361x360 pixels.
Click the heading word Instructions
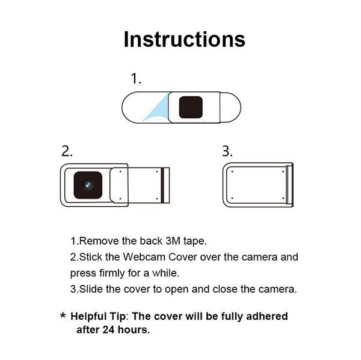(x=184, y=39)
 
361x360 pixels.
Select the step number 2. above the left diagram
(x=67, y=151)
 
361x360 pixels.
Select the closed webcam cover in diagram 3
(x=258, y=185)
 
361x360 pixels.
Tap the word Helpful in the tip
(x=90, y=316)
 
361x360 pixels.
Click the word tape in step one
(x=196, y=242)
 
